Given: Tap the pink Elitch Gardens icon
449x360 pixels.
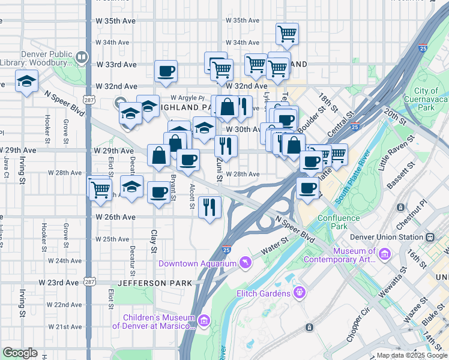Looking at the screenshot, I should [299, 293].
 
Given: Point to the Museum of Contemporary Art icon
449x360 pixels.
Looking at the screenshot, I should [385, 256].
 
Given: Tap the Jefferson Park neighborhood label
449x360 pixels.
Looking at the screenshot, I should [155, 283].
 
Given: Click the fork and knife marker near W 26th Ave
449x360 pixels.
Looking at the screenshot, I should [209, 207].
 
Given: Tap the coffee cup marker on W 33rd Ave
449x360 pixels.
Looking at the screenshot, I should [166, 71].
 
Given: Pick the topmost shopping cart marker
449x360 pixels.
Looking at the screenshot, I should [288, 33].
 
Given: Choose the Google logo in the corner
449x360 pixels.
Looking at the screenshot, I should [20, 353].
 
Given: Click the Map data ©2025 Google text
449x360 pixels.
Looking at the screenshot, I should [411, 355].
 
